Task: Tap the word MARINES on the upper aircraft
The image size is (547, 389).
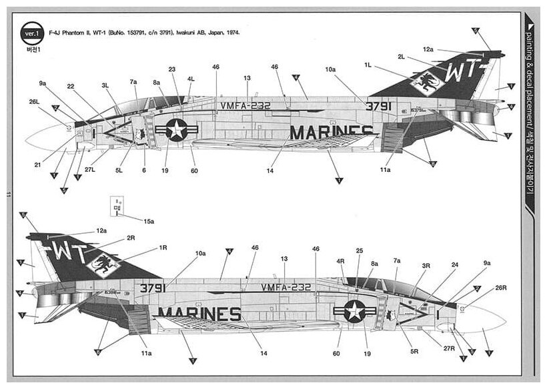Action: [x=330, y=132]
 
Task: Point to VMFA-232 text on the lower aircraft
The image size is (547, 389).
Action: [x=286, y=287]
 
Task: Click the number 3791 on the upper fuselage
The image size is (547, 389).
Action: [x=378, y=105]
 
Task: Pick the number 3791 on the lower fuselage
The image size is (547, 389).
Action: [x=153, y=288]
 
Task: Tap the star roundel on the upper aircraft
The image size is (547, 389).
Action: [x=176, y=130]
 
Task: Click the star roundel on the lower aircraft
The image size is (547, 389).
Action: [x=354, y=311]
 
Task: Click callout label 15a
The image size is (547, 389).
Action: [x=148, y=220]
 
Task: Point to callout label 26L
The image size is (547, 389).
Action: [x=34, y=103]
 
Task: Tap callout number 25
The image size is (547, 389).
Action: [x=359, y=250]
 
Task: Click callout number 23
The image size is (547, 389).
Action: [x=172, y=69]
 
